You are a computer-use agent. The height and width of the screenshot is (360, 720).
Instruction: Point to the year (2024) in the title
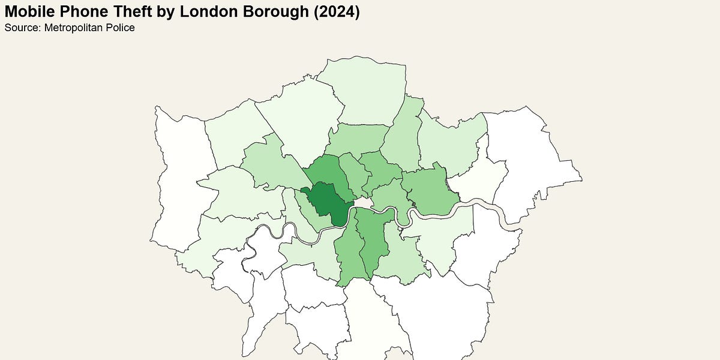point(338,11)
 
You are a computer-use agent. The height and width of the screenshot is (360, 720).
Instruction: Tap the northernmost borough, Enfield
point(366,90)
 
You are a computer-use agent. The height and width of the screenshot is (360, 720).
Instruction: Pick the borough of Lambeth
point(348,252)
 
